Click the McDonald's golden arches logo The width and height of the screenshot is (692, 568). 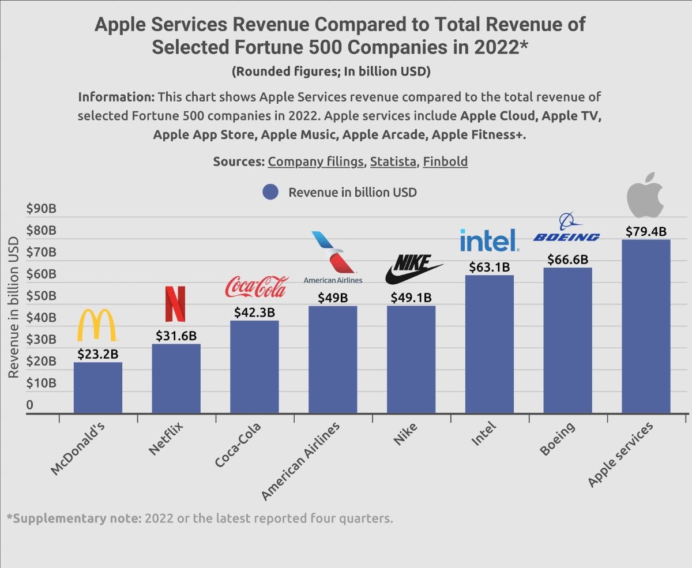(97, 325)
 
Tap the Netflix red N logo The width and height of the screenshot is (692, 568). (175, 304)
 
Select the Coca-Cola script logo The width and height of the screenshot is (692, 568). (255, 287)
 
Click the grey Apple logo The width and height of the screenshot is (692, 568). (645, 194)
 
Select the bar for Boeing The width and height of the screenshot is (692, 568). (567, 340)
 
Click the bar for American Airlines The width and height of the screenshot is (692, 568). (333, 359)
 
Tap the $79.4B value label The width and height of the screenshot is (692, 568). (646, 232)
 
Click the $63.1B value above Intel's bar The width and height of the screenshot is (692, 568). (490, 268)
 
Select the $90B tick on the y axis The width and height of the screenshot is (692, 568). (42, 209)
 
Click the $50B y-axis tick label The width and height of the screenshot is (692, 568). (42, 296)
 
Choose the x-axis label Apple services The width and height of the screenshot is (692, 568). (620, 455)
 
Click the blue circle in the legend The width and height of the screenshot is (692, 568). (270, 193)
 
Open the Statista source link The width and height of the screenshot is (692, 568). (393, 161)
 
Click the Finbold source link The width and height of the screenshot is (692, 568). (445, 161)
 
